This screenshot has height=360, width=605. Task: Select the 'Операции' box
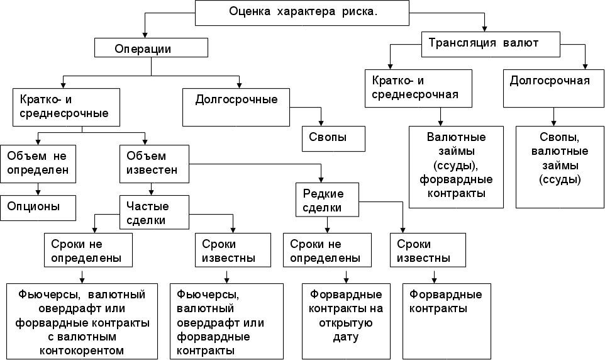pyautogui.click(x=151, y=48)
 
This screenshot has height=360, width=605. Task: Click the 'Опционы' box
pyautogui.click(x=38, y=206)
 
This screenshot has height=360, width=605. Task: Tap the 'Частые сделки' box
pyautogui.click(x=154, y=212)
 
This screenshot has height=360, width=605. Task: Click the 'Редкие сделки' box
pyautogui.click(x=327, y=200)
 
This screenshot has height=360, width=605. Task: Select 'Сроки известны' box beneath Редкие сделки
pyautogui.click(x=428, y=250)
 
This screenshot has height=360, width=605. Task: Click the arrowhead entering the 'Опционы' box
pyautogui.click(x=38, y=192)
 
